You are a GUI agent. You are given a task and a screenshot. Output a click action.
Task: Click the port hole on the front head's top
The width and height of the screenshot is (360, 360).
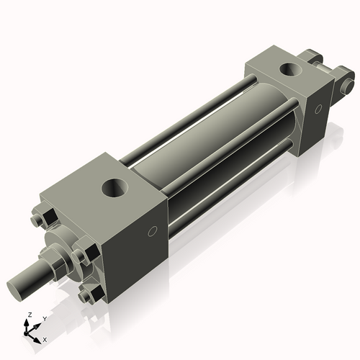click(x=115, y=189)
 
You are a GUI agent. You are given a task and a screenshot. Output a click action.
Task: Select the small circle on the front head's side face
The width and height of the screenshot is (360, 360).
click(x=152, y=232)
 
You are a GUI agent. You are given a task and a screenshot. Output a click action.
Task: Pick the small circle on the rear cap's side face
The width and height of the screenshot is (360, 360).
click(x=317, y=109)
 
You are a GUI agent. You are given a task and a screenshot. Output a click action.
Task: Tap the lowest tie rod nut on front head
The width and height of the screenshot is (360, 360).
click(x=88, y=294)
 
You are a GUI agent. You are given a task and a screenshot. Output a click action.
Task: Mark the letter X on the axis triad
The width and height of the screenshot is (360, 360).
click(x=45, y=338)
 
